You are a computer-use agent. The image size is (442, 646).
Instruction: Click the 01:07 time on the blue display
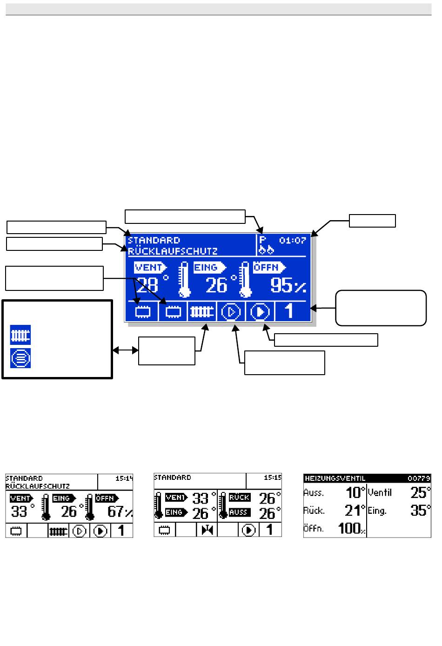click(292, 240)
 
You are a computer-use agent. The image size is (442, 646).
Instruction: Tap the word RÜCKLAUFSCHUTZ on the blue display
click(173, 251)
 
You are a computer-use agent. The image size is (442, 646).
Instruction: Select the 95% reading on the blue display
click(288, 285)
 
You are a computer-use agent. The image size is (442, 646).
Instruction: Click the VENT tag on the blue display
click(150, 267)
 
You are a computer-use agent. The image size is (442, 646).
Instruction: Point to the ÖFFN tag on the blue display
click(269, 267)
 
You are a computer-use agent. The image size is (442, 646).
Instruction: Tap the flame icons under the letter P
click(266, 250)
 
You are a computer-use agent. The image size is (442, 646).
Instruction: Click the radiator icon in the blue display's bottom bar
click(201, 311)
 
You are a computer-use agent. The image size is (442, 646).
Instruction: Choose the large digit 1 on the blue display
click(289, 311)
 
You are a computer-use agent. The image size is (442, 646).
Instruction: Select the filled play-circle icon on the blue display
click(260, 312)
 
